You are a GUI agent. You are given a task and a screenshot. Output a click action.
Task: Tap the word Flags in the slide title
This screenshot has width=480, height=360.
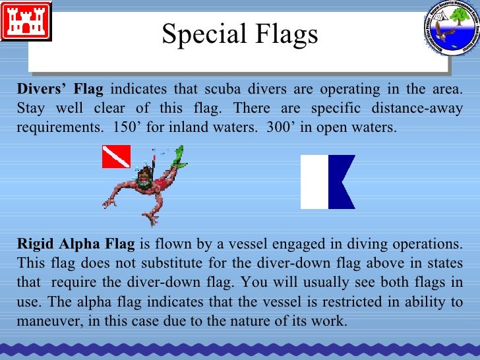[x=285, y=35]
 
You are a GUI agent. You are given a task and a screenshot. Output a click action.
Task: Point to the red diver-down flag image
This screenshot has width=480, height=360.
[x=115, y=156]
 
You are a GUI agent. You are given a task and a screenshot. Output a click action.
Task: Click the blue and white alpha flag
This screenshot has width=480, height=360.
[x=328, y=181]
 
